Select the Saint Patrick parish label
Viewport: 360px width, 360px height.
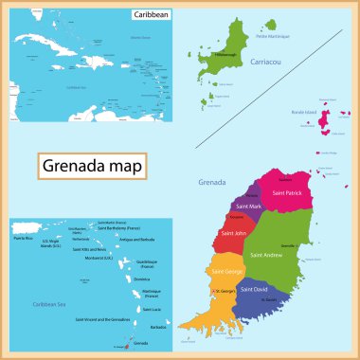289,193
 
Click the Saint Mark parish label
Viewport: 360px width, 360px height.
249,207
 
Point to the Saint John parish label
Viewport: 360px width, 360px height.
236,233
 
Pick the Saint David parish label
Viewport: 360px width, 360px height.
255,288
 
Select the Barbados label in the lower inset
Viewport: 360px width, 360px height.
157,327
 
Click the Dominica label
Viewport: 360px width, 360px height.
142,279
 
